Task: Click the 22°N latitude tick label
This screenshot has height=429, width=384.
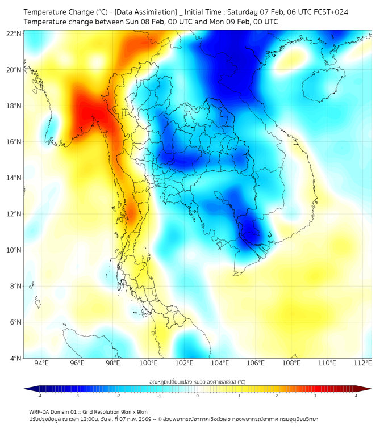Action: tap(14, 33)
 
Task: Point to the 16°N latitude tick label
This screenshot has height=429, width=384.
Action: tap(14, 142)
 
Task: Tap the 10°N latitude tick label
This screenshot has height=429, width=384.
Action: tap(14, 250)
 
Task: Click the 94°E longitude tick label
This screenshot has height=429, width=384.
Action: tap(41, 364)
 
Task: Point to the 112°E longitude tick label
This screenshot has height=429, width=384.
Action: tap(363, 364)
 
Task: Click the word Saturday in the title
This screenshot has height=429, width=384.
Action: tap(243, 11)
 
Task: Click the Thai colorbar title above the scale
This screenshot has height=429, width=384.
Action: tap(197, 381)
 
